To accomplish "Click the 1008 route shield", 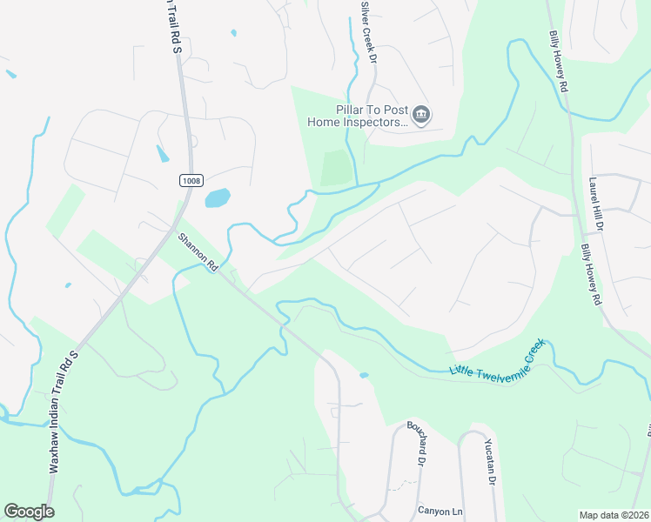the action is tap(191, 180).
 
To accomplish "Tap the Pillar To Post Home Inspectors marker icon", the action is tap(422, 115).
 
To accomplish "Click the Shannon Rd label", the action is tap(198, 252).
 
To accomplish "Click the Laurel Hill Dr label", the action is tap(596, 204).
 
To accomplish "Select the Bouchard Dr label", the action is tap(415, 444).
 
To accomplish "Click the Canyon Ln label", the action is tap(437, 511).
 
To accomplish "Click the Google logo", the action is tap(29, 512).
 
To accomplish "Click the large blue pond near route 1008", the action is tap(218, 198).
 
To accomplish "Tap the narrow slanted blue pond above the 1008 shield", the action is tap(163, 154).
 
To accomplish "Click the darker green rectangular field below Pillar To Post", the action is tap(336, 168).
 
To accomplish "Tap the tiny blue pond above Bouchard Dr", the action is tap(364, 376).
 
